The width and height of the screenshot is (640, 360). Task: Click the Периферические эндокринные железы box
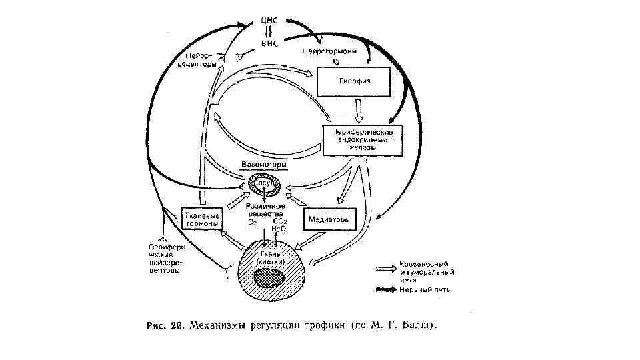point(364,141)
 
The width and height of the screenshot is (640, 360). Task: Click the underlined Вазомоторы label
point(264,164)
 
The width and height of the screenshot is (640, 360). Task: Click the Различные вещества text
point(265,210)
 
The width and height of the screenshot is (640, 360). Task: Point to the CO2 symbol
point(280,221)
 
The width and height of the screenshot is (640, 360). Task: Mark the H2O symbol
point(279,229)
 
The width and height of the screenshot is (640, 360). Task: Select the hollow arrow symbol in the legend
point(384,267)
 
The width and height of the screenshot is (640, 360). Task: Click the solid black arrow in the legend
point(384,290)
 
